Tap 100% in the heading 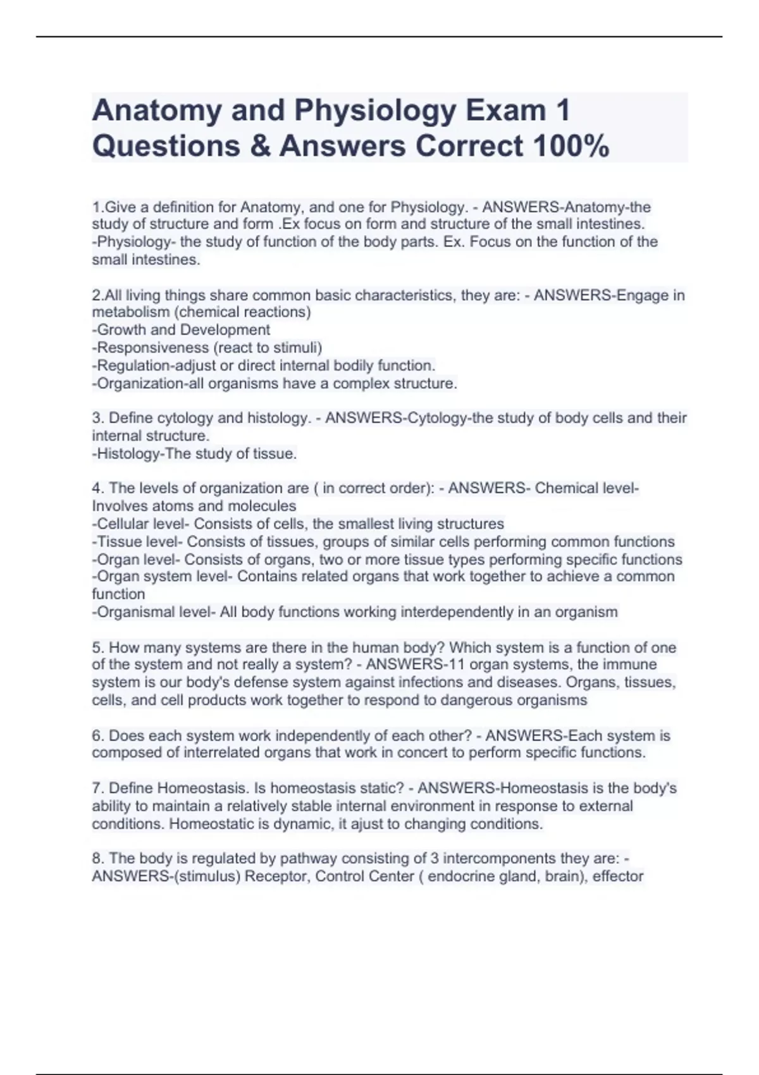click(x=571, y=146)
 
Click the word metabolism click(x=126, y=312)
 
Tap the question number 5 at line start click(x=97, y=648)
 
